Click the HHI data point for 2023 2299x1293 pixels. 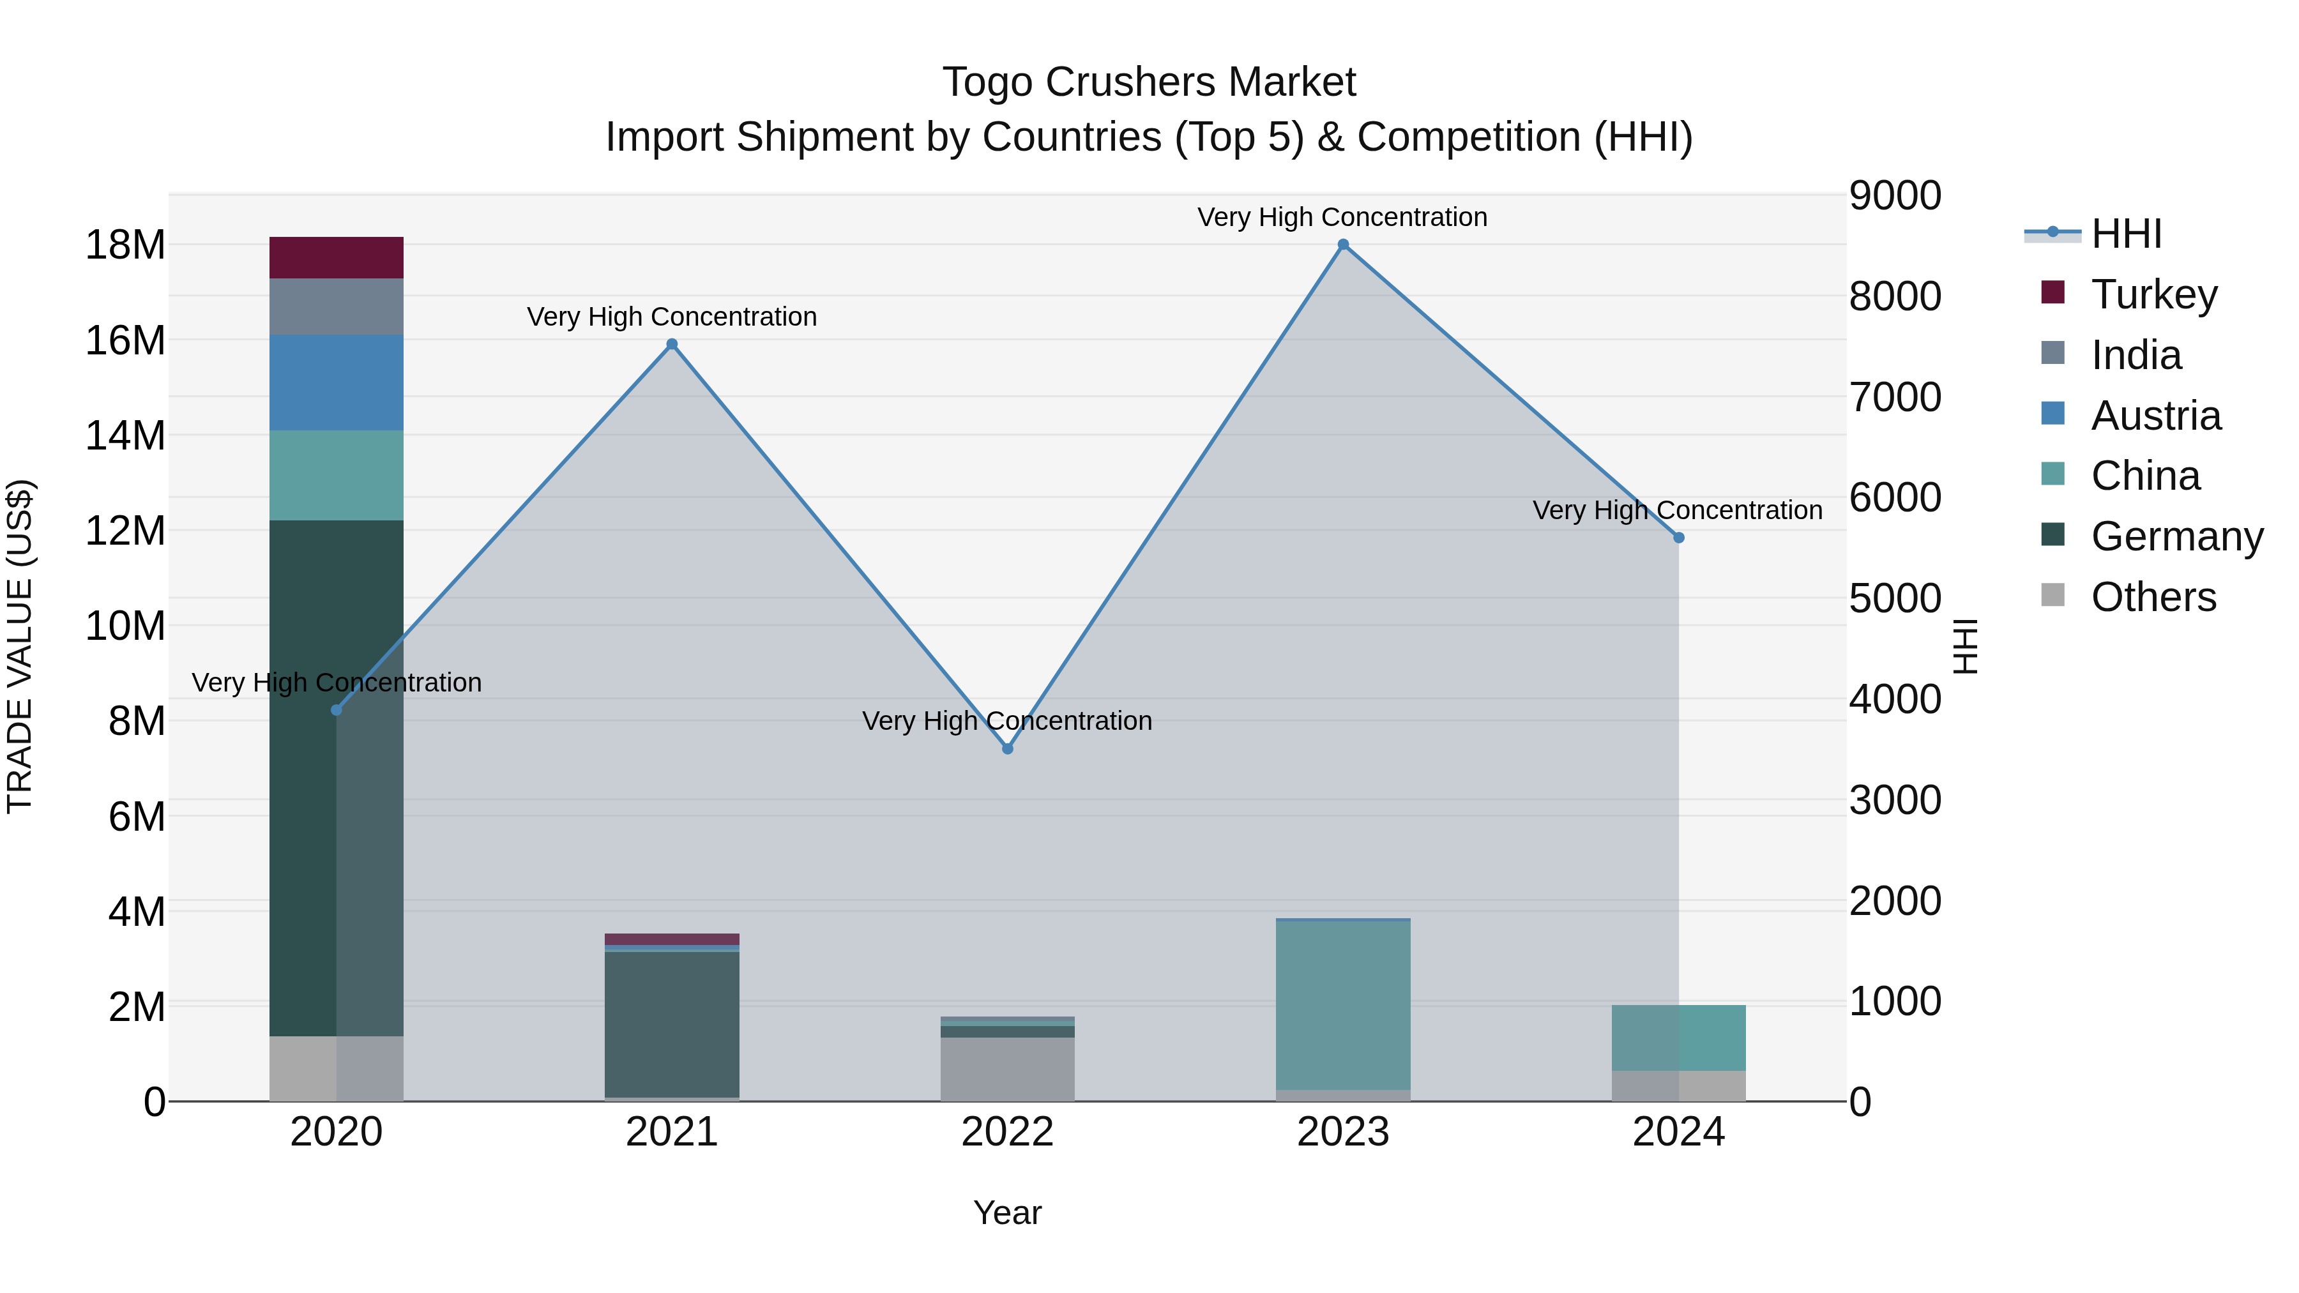coord(1343,245)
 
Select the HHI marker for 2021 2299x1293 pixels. coord(672,344)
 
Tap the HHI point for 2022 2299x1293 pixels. coord(1008,749)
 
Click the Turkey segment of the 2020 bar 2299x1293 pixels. coord(337,258)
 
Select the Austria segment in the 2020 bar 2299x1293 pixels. coord(337,383)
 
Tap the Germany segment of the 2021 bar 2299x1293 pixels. coord(672,1024)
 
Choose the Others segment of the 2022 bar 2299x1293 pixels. coord(1008,1069)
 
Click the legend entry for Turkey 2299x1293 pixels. coord(2153,294)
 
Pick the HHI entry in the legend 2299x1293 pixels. coord(2126,234)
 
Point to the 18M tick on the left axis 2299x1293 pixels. coord(125,245)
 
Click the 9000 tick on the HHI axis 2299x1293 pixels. coord(1895,195)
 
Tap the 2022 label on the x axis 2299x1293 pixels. coord(1008,1132)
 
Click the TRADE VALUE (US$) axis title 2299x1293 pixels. coord(20,646)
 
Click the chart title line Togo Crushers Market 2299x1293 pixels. coord(1149,82)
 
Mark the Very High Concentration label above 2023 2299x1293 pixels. coord(1342,217)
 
